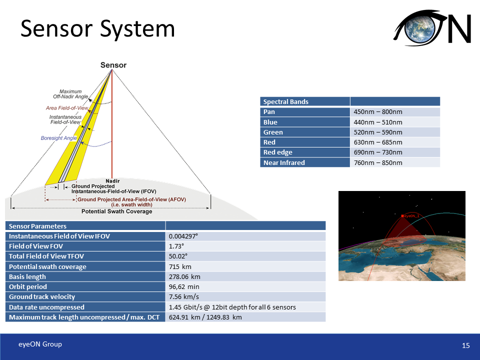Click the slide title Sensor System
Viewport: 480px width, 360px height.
97,28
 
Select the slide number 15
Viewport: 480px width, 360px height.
466,345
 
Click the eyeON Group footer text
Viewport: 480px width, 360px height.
40,344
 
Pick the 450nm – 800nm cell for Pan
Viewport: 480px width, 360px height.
378,112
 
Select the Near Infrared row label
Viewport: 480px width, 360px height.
284,162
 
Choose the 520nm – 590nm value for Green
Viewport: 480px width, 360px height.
378,132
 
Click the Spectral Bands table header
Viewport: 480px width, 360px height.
286,101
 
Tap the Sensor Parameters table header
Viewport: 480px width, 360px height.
38,226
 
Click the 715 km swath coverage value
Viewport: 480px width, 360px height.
180,266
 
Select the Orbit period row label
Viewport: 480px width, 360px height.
28,287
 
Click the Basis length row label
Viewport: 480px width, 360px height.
27,276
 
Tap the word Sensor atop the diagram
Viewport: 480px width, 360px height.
113,65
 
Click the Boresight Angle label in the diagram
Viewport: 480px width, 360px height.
59,138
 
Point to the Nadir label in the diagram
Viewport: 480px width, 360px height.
112,180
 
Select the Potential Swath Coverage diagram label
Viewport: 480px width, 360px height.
116,211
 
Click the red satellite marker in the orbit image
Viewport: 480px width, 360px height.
402,216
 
